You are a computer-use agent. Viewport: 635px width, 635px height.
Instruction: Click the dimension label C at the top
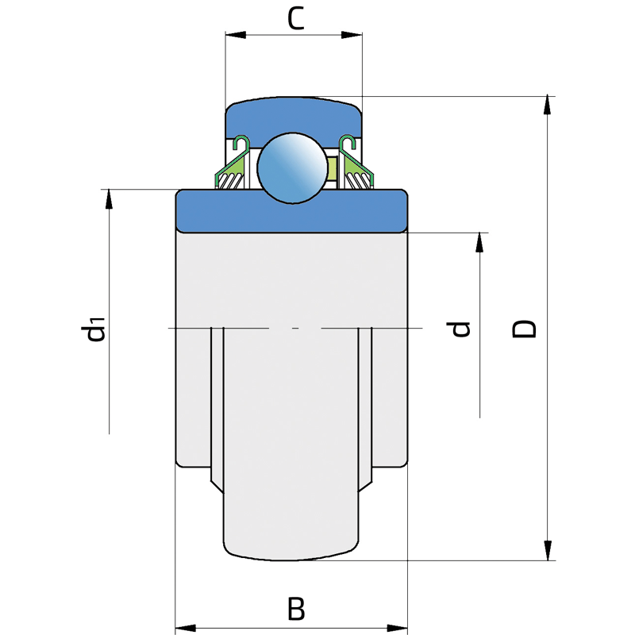[295, 18]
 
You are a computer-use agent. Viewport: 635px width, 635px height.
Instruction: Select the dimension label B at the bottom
[296, 608]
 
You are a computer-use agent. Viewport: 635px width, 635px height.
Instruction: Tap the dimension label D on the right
[524, 329]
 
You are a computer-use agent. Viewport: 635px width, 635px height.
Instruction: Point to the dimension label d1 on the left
[93, 328]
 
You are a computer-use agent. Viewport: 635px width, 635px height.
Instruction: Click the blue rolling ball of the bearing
[292, 167]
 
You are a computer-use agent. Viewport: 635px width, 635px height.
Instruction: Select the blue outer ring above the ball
[294, 118]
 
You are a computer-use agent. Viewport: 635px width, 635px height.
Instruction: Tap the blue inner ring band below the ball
[291, 212]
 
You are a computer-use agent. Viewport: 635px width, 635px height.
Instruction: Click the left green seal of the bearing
[232, 164]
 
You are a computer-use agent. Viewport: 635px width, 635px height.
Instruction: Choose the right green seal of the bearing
[356, 164]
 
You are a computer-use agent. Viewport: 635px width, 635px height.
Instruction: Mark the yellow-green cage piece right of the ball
[332, 168]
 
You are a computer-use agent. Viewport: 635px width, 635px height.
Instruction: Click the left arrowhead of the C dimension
[235, 35]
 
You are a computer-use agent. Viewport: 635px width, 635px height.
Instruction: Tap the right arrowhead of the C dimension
[352, 35]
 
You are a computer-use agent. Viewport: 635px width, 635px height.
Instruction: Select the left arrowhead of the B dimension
[185, 629]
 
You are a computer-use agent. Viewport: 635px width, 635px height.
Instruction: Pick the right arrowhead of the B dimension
[398, 629]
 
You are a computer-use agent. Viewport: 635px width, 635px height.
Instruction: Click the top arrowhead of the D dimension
[548, 106]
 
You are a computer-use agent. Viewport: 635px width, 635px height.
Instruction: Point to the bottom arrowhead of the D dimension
[548, 551]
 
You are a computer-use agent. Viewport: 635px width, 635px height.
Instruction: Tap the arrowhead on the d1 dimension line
[109, 199]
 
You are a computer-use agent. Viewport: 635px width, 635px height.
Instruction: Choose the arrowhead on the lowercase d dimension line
[479, 243]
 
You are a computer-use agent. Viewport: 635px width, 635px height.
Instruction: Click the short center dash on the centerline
[295, 328]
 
